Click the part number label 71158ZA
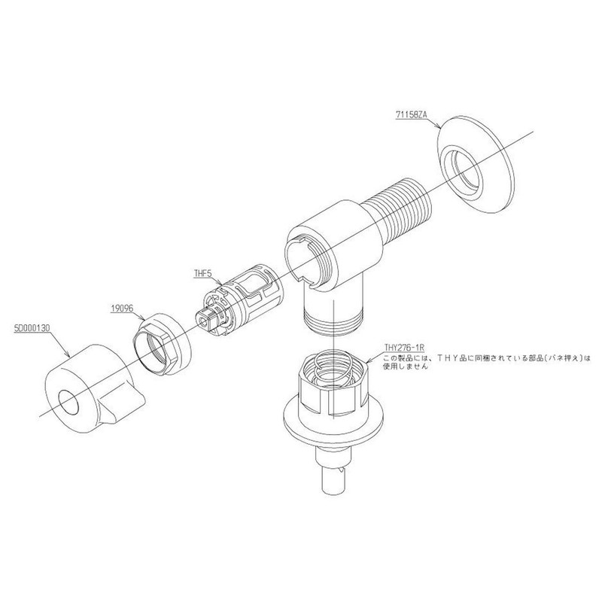pyautogui.click(x=410, y=114)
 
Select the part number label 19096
pyautogui.click(x=121, y=307)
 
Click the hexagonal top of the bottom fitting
pyautogui.click(x=330, y=380)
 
